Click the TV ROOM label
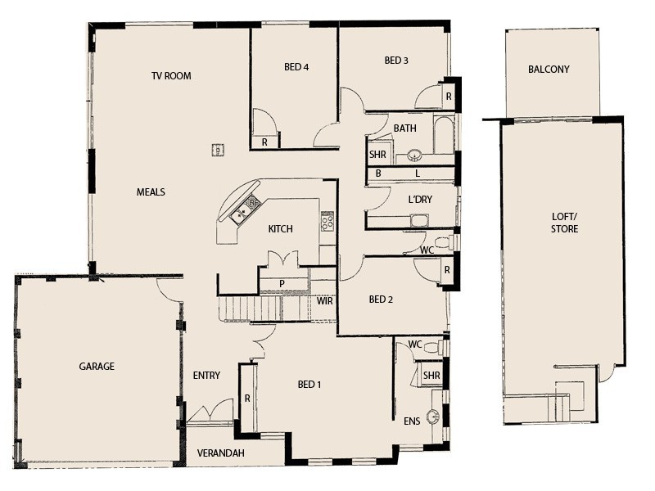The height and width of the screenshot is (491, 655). click(171, 76)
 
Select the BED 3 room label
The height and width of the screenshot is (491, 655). click(396, 61)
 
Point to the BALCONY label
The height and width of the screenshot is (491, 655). click(549, 70)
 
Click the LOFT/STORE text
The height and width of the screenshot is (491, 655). click(565, 223)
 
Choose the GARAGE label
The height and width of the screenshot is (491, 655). click(97, 367)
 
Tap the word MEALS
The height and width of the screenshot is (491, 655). click(151, 192)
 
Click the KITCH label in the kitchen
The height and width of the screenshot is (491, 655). click(281, 229)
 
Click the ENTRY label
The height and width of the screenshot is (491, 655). click(206, 376)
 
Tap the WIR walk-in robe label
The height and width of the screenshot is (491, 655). click(325, 301)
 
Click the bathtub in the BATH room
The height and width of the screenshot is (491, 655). click(443, 135)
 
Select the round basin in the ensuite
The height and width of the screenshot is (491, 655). click(432, 417)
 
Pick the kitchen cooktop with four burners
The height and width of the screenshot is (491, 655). click(327, 221)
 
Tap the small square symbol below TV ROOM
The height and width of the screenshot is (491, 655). click(219, 149)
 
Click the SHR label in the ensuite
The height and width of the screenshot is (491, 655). click(431, 376)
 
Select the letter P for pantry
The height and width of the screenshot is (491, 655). click(281, 284)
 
